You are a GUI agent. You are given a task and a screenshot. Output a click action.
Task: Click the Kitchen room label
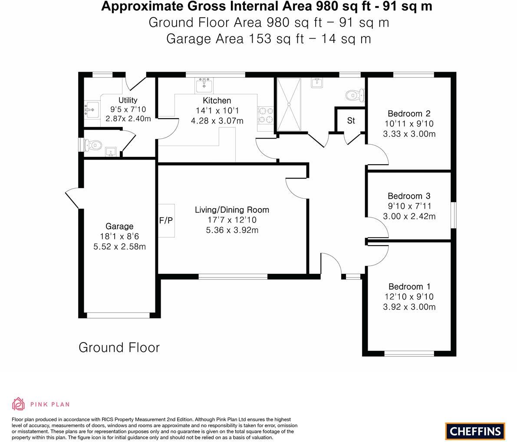pos(217,100)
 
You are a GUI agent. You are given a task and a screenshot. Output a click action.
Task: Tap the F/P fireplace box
pos(166,220)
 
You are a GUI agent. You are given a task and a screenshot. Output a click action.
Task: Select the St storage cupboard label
pos(351,121)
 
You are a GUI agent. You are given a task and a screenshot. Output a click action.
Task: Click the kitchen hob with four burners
pos(266,115)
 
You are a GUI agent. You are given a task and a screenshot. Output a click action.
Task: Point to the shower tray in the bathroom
pos(289,104)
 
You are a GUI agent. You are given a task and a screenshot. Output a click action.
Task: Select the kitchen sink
pos(204,85)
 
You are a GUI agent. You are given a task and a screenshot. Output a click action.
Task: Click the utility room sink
pos(92,109)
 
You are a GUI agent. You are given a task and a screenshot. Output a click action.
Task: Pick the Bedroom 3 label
pos(409,196)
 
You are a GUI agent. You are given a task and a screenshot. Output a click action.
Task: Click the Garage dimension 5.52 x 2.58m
pos(119,246)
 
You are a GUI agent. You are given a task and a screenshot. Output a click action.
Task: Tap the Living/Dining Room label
pos(232,209)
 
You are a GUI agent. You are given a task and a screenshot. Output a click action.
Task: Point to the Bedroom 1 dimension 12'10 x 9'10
pos(409,297)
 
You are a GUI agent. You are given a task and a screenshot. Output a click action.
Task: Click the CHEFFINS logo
pos(475,431)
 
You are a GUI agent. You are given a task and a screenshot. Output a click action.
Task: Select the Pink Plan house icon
pos(19,404)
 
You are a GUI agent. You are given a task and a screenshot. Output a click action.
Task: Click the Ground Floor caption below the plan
pos(119,348)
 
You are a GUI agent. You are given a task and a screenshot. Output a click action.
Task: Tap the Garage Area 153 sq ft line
pos(268,39)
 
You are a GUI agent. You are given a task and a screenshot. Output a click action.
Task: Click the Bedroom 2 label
pos(409,113)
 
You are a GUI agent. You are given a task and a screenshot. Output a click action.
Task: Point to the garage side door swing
pos(72,198)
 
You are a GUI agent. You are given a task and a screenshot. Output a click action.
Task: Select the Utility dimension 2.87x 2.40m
pos(128,119)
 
